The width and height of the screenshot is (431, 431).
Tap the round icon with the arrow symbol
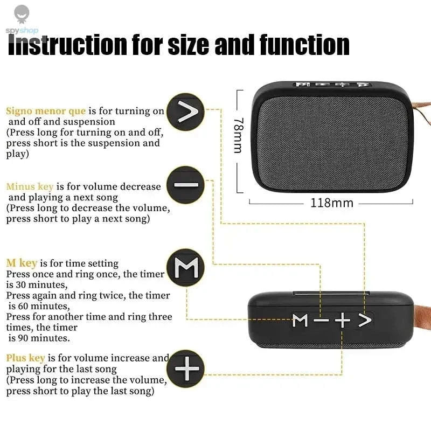click(x=186, y=113)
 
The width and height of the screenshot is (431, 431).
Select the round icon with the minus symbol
click(x=186, y=185)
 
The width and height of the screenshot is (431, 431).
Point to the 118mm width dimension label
click(x=331, y=203)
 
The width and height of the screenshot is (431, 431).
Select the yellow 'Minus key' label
click(x=30, y=186)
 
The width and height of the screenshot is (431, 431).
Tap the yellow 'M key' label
click(x=22, y=263)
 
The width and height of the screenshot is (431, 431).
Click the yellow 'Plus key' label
click(x=25, y=358)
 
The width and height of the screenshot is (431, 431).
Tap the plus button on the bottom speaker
click(x=342, y=321)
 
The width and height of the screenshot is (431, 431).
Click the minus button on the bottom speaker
click(x=321, y=321)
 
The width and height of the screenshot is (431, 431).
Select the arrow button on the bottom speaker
click(x=365, y=321)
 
